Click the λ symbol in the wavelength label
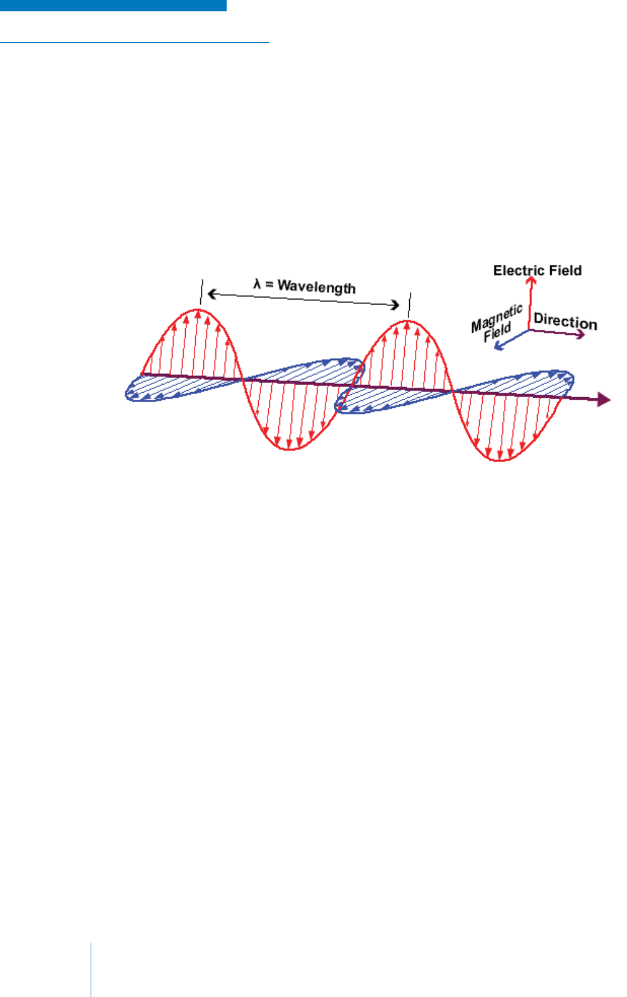coord(257,284)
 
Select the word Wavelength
coord(317,287)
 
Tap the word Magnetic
coord(497,318)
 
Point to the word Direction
coord(565,322)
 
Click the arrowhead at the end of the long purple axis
coord(604,399)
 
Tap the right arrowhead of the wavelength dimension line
coord(395,305)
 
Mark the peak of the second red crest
coord(408,321)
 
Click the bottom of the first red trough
coord(291,449)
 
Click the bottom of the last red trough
coord(500,460)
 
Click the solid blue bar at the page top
coord(113,6)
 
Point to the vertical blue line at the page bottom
coord(91,969)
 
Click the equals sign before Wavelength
coord(269,284)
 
